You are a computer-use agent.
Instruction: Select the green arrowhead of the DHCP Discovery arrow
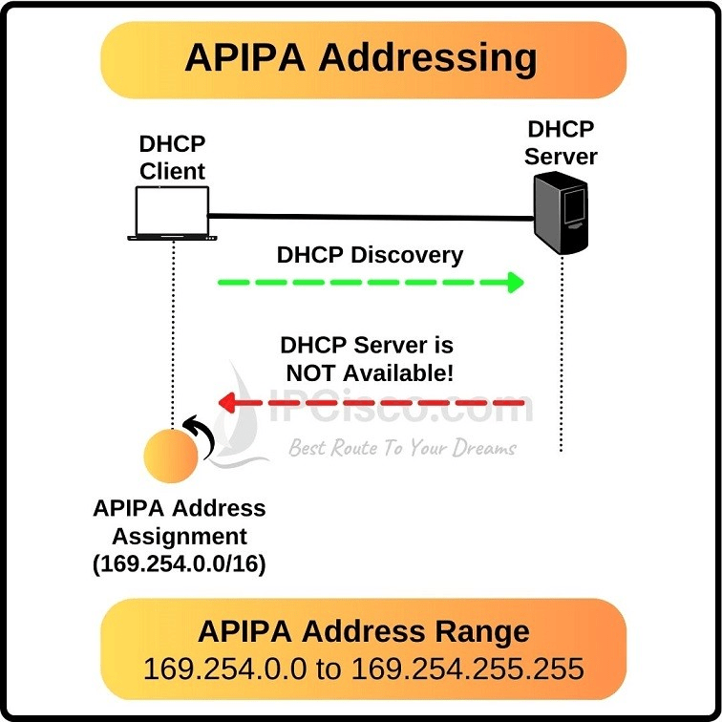516,282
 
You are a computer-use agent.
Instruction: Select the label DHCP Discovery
370,255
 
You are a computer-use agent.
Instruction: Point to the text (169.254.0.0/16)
180,564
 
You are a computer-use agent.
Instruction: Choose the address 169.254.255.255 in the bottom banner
467,669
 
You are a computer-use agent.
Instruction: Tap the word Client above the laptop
173,171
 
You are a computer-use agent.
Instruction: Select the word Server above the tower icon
561,156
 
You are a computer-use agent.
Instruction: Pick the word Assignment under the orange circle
180,536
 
